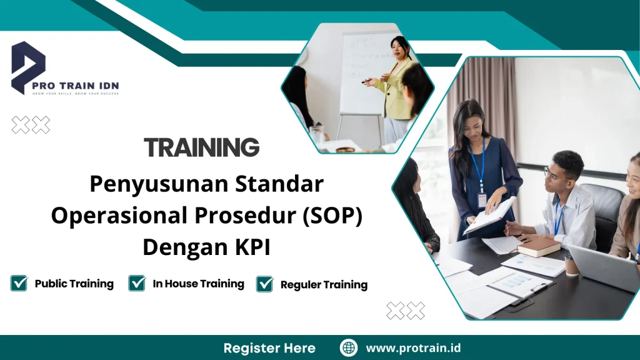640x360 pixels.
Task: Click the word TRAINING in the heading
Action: tap(201, 147)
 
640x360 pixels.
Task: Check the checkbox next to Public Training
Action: tap(19, 283)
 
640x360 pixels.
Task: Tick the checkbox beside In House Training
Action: tap(137, 283)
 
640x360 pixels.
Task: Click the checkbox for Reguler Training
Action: tap(265, 284)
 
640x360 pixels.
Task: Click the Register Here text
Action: tap(269, 348)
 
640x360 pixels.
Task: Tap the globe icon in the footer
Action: tap(349, 347)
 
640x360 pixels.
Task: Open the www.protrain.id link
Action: tap(413, 348)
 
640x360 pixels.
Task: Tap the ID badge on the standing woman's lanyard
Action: tap(482, 200)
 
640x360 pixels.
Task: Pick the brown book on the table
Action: tap(538, 246)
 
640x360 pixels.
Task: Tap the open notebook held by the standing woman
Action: tap(491, 216)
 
